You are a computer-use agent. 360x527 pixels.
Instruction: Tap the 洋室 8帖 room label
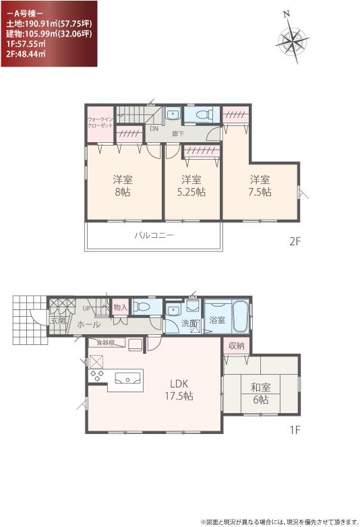click(121, 185)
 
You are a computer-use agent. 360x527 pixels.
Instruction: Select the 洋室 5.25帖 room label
click(191, 185)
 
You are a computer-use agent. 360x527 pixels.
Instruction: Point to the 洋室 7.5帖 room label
click(260, 185)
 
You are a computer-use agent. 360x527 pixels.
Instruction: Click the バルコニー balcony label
click(154, 236)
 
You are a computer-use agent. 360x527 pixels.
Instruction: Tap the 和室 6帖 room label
click(260, 394)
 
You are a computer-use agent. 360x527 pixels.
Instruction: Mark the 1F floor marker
click(294, 429)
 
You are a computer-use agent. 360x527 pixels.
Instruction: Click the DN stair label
click(154, 128)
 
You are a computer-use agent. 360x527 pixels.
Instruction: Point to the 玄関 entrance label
click(57, 321)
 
